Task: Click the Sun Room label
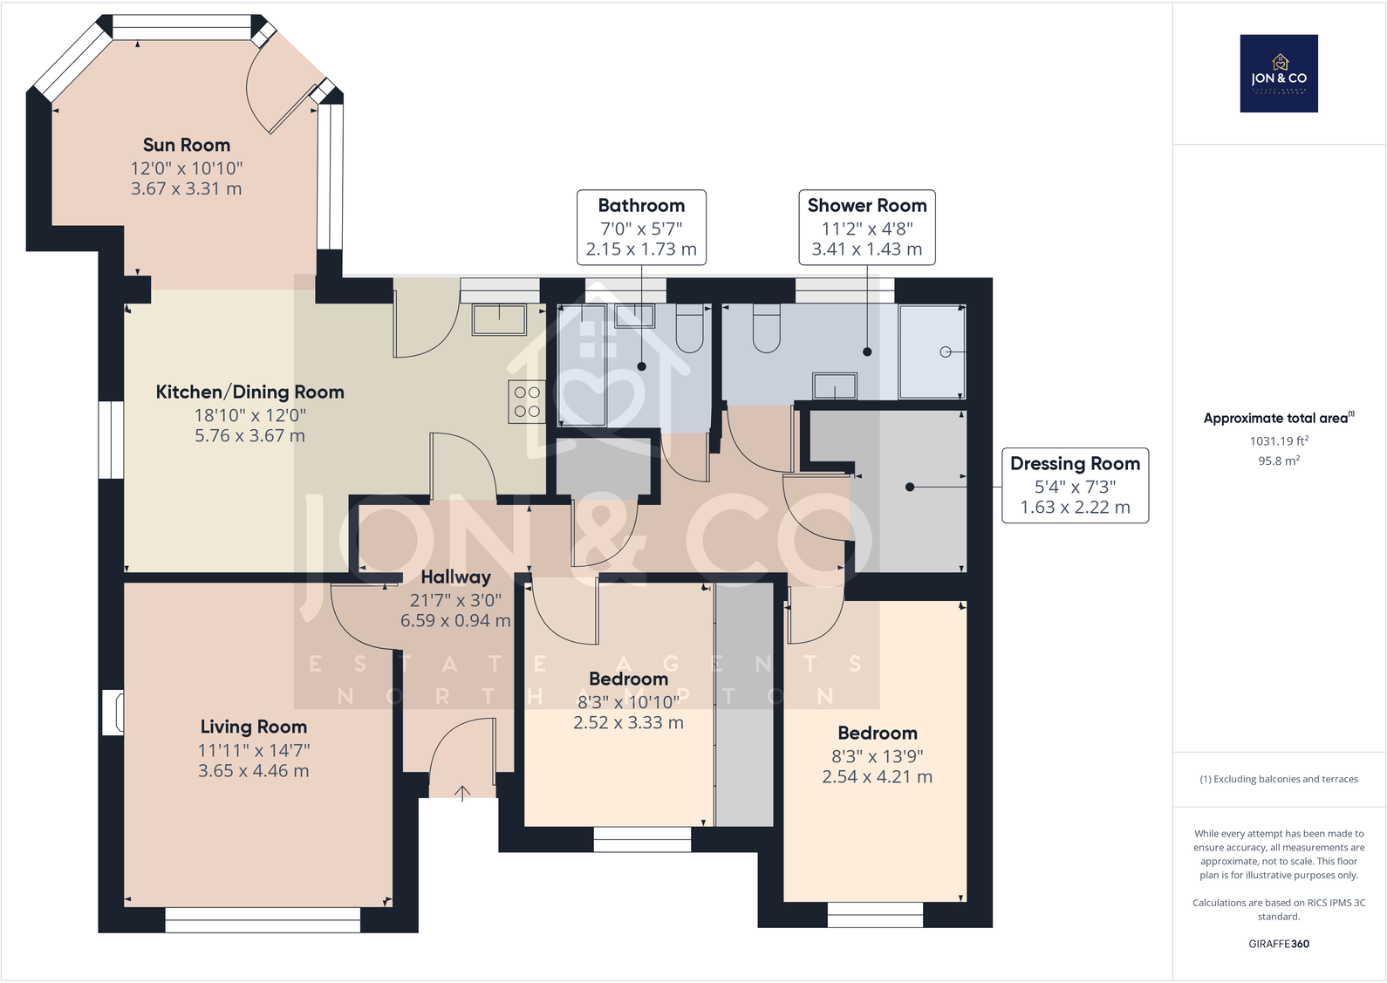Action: tap(187, 145)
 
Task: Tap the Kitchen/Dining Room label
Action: tap(249, 392)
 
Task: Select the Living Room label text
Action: tap(253, 727)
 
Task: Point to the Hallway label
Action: tap(455, 577)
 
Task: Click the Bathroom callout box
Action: tap(641, 227)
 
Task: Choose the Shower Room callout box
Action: tap(867, 227)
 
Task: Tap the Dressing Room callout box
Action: tap(1075, 485)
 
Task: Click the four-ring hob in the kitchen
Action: tap(527, 402)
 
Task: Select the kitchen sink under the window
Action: tap(499, 319)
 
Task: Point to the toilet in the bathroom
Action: tap(689, 328)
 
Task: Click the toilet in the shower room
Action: tap(767, 328)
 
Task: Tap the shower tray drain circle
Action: tap(946, 352)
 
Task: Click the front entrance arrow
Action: tap(462, 793)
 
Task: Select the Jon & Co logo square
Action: tap(1279, 73)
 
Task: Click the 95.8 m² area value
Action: tap(1279, 461)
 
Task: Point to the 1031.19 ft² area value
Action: tap(1279, 440)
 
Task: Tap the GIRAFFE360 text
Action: tap(1279, 944)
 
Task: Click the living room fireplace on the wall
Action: tap(113, 713)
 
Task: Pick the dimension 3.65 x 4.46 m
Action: tap(253, 771)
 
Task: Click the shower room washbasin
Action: tap(835, 386)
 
